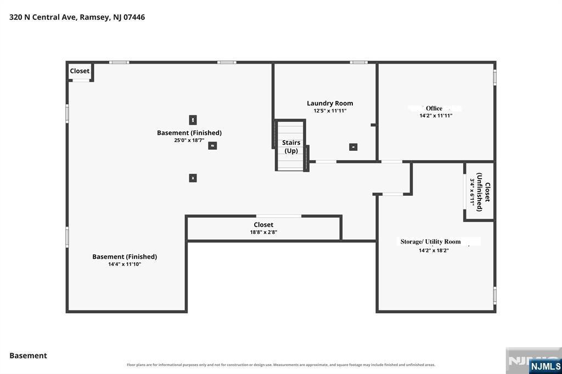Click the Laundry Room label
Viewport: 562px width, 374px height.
coord(330,103)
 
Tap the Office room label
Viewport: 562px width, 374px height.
coord(434,108)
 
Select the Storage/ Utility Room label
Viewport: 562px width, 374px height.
coord(430,242)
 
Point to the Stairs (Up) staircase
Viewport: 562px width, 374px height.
coord(291,145)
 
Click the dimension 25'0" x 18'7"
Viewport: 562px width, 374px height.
coord(189,140)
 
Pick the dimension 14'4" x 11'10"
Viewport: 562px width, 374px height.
coord(125,264)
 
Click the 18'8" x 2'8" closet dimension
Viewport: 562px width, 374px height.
coord(263,232)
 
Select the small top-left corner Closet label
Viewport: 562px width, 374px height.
coord(80,71)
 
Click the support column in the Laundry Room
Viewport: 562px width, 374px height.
coord(353,147)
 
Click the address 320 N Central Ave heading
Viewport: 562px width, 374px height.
coord(77,17)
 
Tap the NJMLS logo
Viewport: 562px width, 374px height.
coord(545,366)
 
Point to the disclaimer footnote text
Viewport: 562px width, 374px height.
coord(281,365)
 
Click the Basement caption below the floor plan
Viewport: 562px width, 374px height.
coord(29,356)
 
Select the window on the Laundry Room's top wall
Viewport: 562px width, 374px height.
coord(358,63)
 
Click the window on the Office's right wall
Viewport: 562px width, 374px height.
coord(494,77)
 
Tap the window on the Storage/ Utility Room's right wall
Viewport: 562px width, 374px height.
coord(494,296)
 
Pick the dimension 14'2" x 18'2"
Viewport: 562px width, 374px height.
coord(434,251)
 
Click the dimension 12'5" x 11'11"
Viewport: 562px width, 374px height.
coord(330,111)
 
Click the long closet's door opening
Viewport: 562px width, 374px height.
coord(278,216)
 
